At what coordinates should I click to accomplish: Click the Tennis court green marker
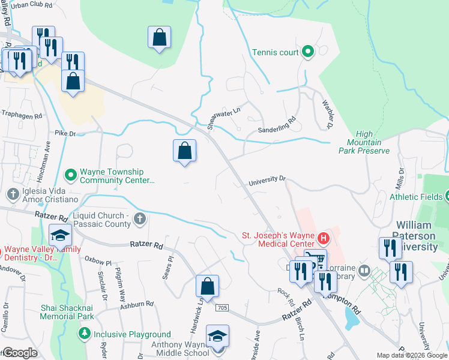pyautogui.click(x=307, y=52)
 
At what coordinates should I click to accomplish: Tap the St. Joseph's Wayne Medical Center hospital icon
pyautogui.click(x=324, y=238)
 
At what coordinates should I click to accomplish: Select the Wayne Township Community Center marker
pyautogui.click(x=71, y=175)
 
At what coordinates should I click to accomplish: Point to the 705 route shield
pyautogui.click(x=223, y=307)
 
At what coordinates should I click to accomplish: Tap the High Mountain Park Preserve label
pyautogui.click(x=368, y=143)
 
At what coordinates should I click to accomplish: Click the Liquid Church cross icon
pyautogui.click(x=140, y=218)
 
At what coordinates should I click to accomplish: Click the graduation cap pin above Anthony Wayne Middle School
pyautogui.click(x=217, y=336)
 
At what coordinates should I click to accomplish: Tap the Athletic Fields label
pyautogui.click(x=416, y=196)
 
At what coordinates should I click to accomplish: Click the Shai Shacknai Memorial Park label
pyautogui.click(x=67, y=311)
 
